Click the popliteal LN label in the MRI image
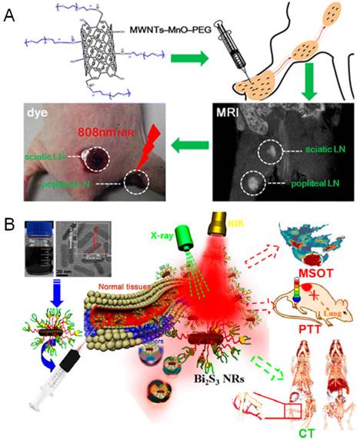coord(312,184)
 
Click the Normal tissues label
coord(115,290)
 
